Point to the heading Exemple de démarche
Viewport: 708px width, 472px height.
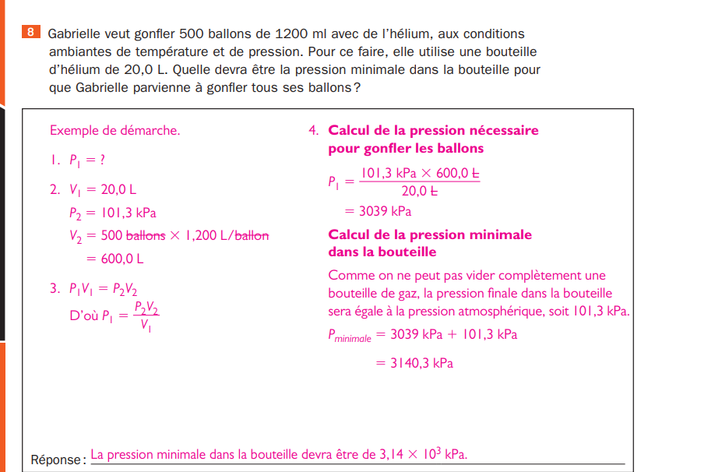coord(114,131)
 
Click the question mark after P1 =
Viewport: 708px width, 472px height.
coord(102,160)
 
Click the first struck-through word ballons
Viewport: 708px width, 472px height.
coord(146,236)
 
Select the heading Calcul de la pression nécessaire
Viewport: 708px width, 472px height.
coord(433,131)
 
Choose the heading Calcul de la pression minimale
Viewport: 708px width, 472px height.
coord(430,235)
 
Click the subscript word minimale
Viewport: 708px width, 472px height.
coord(353,340)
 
